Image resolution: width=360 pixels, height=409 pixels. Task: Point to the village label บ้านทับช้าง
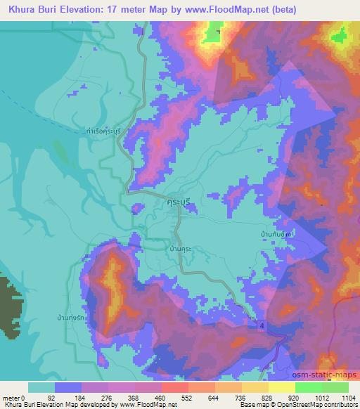pos(273,230)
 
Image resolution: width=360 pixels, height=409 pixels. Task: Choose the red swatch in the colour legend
pos(174,387)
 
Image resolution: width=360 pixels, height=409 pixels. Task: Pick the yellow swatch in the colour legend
pos(281,387)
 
